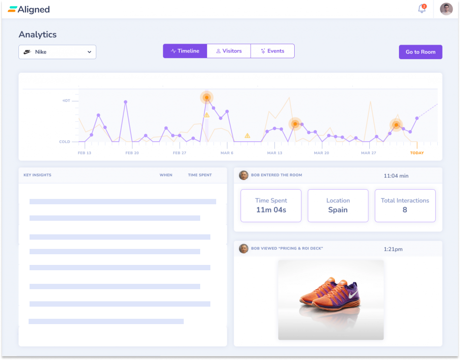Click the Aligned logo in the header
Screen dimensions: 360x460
(29, 9)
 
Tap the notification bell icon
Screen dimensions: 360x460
(422, 9)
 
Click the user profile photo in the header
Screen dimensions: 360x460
(446, 9)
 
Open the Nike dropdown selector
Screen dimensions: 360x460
(57, 52)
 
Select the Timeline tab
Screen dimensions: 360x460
(185, 51)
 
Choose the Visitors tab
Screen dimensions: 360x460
(229, 51)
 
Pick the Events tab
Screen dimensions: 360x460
(272, 51)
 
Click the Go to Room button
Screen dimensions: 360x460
(420, 52)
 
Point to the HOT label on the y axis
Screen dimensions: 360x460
(66, 101)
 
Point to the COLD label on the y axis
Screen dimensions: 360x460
(64, 142)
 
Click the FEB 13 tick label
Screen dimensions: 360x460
(84, 153)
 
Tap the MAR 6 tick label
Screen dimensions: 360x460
(227, 153)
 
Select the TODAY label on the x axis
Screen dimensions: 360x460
(417, 153)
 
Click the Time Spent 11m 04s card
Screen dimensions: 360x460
(271, 205)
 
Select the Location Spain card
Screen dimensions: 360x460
(338, 205)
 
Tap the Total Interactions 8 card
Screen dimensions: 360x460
(405, 205)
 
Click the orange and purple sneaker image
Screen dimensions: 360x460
(331, 299)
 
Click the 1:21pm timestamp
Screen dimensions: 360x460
(393, 249)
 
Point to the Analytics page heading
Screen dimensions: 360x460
(37, 34)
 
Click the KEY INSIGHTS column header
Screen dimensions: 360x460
(37, 175)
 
